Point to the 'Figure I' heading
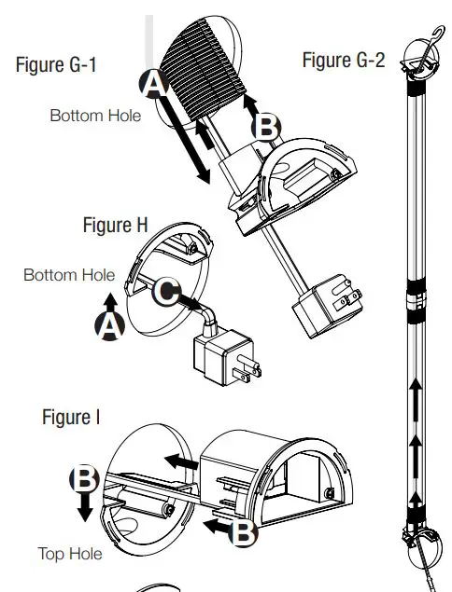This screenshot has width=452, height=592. [71, 417]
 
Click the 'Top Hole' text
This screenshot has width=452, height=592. [70, 554]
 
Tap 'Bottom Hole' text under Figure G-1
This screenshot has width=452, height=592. [95, 116]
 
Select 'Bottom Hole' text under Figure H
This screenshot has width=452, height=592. [69, 275]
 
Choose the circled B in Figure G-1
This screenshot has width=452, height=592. [267, 127]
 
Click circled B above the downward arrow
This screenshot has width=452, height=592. [84, 479]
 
